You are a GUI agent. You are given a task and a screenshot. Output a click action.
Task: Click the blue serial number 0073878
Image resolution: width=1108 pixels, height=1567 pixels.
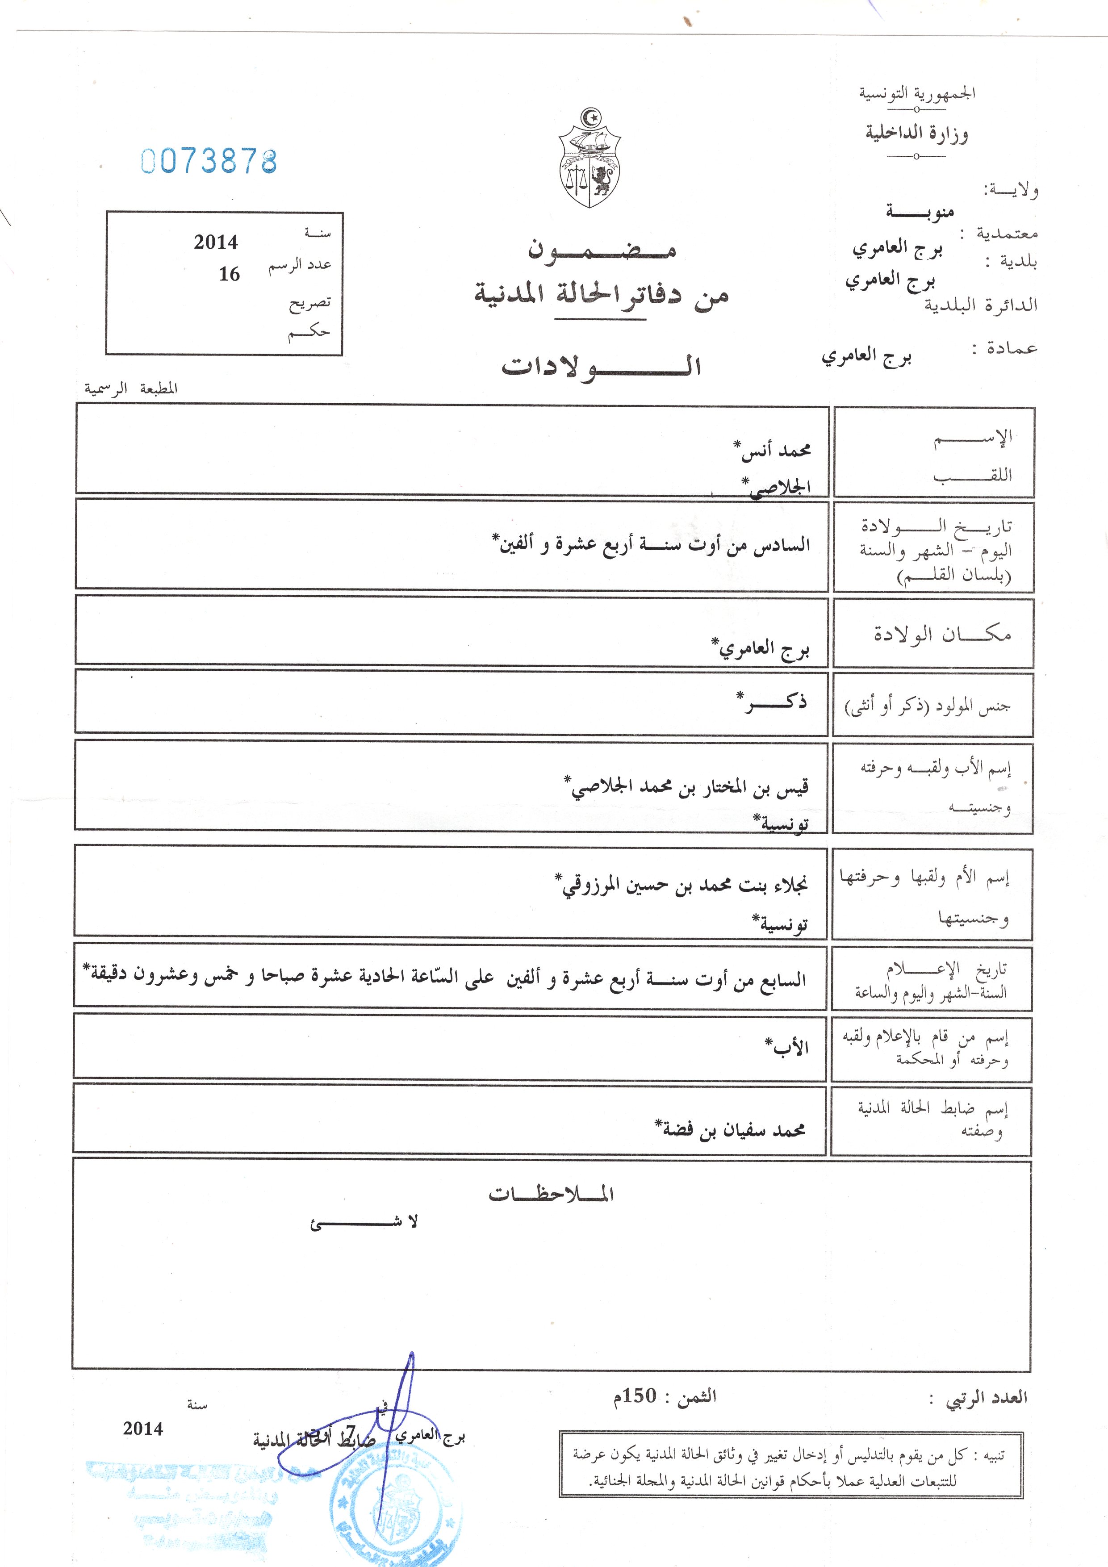point(209,162)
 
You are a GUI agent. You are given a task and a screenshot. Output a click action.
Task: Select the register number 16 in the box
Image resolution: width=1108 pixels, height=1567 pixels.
point(230,274)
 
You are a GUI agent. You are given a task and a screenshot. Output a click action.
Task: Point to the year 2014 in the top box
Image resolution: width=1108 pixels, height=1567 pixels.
point(216,242)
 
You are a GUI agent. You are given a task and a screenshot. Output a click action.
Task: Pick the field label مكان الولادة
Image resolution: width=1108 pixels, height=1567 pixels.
point(942,634)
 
